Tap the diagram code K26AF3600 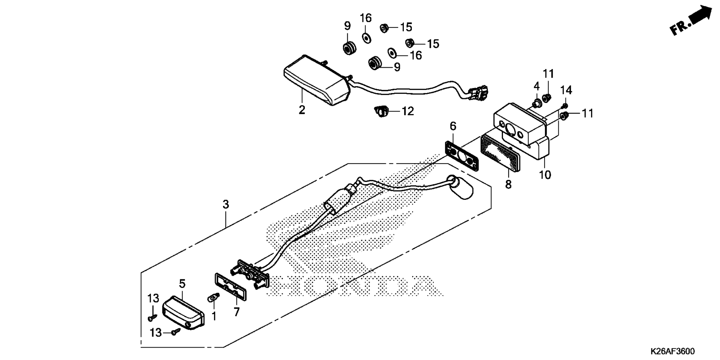[x=672, y=351]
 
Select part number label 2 [x=302, y=110]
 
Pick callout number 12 [x=408, y=111]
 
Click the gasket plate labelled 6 [x=462, y=156]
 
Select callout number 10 [x=545, y=175]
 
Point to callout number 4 [x=537, y=86]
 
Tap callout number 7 [x=237, y=312]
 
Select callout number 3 [x=225, y=204]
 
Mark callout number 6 [x=453, y=126]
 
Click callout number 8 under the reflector [x=508, y=184]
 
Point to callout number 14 [x=566, y=90]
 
